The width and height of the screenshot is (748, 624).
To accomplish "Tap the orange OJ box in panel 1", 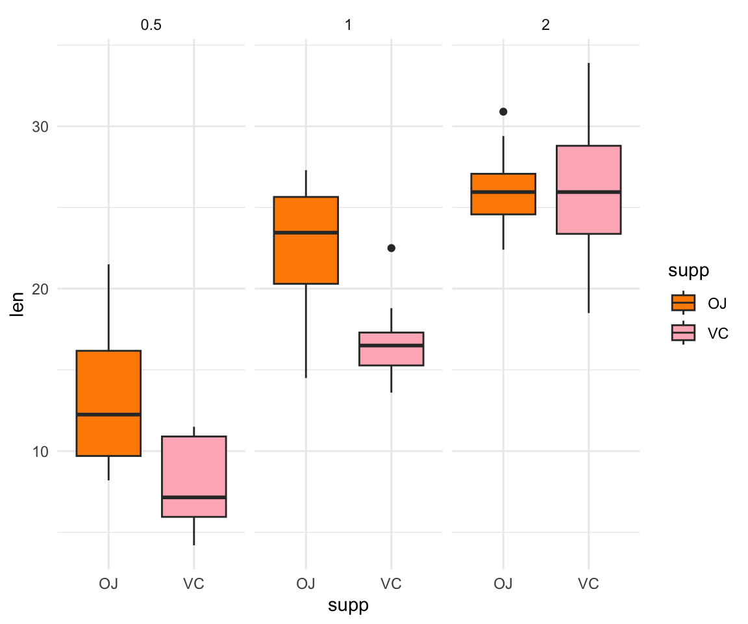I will point(305,240).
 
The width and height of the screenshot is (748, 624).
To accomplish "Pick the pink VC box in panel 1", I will point(391,348).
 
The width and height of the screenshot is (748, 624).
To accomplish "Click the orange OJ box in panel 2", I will point(503,194).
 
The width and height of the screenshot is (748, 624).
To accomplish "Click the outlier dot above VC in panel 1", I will point(391,248).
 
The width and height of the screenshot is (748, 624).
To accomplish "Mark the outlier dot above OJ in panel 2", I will point(503,112).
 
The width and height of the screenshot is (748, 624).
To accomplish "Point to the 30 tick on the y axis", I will point(40,126).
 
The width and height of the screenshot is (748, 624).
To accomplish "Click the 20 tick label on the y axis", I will point(40,289).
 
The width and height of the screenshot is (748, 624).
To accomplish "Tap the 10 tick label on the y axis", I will point(40,451).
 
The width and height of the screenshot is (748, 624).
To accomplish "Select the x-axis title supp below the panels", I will point(348,605).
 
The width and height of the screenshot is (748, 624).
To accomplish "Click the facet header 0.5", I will point(151,27).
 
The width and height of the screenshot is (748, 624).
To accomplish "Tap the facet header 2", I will point(546,27).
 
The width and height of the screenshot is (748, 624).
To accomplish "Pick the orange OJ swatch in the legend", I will point(683,303).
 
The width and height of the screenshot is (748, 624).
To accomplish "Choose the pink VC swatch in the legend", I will point(683,333).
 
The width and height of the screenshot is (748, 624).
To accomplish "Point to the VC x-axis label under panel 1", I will point(391,583).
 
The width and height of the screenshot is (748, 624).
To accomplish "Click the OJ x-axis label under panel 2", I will point(503,583).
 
